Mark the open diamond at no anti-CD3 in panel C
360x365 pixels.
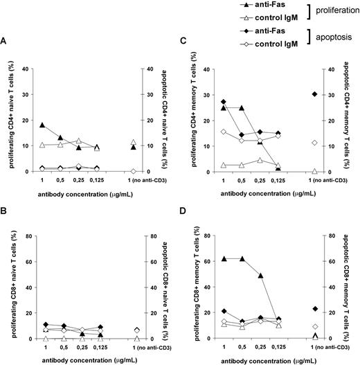(316, 142)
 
